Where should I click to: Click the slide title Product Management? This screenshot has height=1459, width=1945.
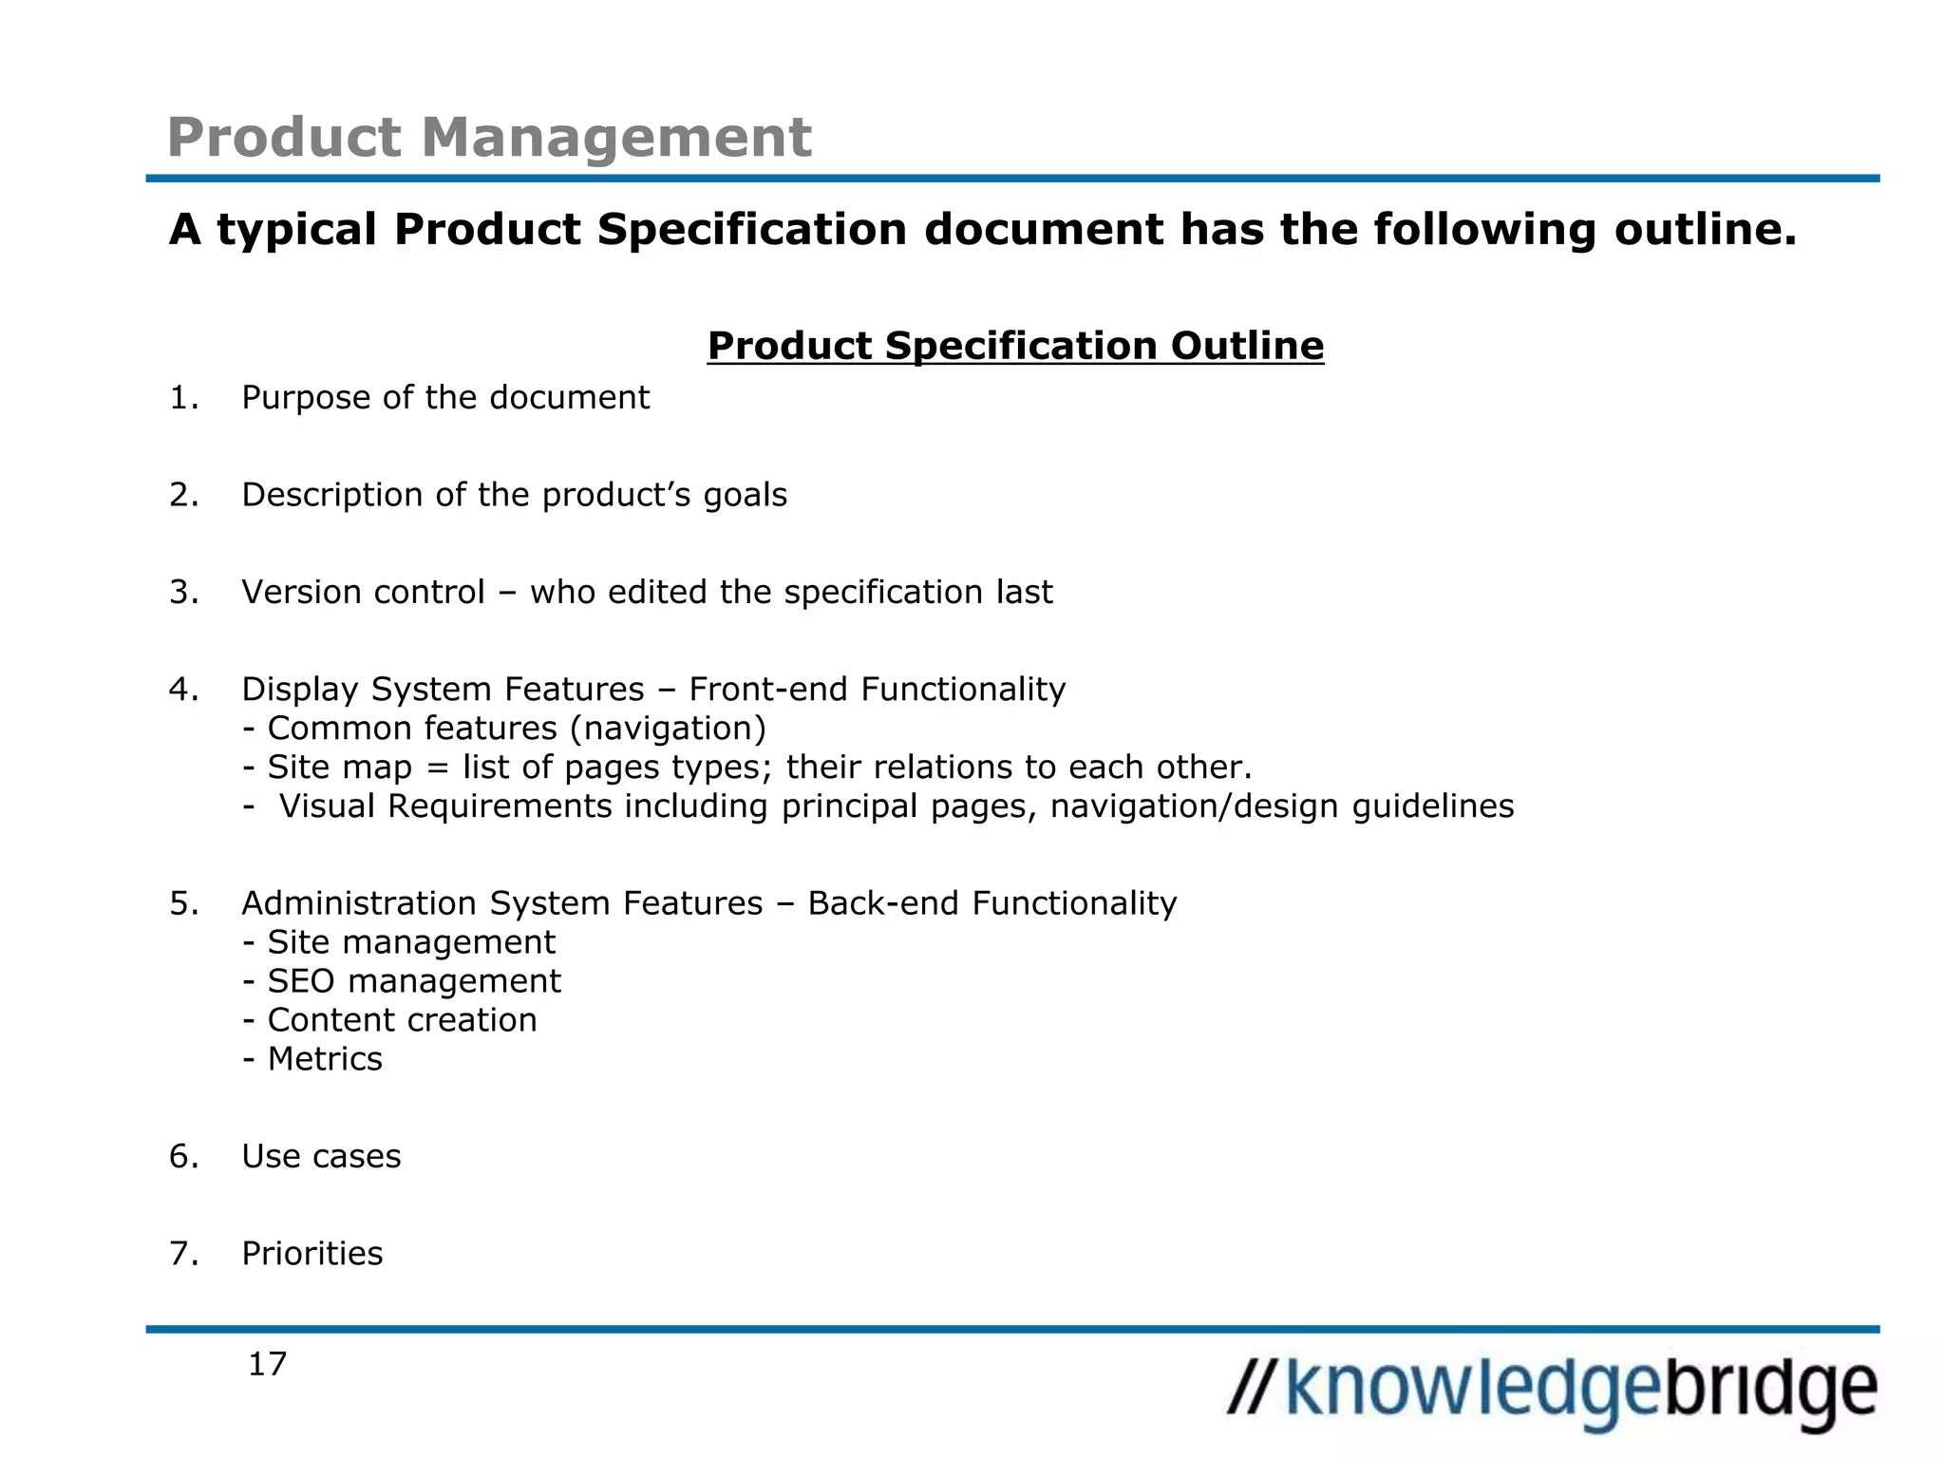(x=489, y=137)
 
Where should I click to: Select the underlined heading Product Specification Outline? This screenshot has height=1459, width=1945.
(x=1015, y=346)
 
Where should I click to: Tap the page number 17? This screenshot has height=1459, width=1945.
(x=267, y=1364)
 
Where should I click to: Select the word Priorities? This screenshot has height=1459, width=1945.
(x=312, y=1254)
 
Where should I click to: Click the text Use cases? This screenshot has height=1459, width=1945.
(x=321, y=1157)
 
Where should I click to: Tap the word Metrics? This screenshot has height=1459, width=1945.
(x=325, y=1059)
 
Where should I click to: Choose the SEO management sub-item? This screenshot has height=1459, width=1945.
(x=414, y=981)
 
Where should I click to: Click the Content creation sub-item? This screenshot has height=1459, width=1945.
(x=402, y=1020)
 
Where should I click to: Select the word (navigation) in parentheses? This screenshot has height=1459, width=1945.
(x=668, y=729)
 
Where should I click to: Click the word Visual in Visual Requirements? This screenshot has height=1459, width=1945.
(x=328, y=806)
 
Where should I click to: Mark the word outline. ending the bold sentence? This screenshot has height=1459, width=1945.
(x=1706, y=230)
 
